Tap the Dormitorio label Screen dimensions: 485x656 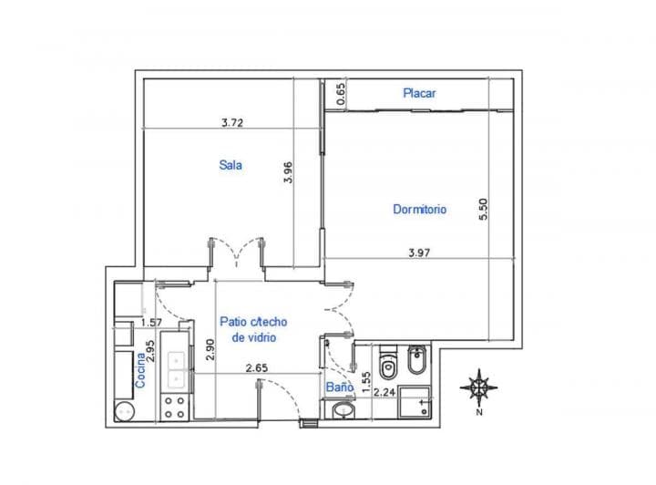click(x=420, y=209)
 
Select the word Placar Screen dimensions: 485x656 click(x=420, y=93)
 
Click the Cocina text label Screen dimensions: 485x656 click(x=140, y=371)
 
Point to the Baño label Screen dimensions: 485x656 click(x=339, y=387)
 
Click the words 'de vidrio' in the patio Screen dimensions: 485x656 click(x=254, y=337)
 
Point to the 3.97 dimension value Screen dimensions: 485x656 click(x=419, y=253)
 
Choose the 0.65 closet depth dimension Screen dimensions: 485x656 click(x=341, y=94)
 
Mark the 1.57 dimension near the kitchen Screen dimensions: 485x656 click(x=150, y=322)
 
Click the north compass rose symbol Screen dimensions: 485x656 click(x=478, y=387)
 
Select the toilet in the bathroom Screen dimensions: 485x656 click(x=386, y=364)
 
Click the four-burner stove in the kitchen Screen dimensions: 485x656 click(x=174, y=407)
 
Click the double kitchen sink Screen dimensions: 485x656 click(x=178, y=366)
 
